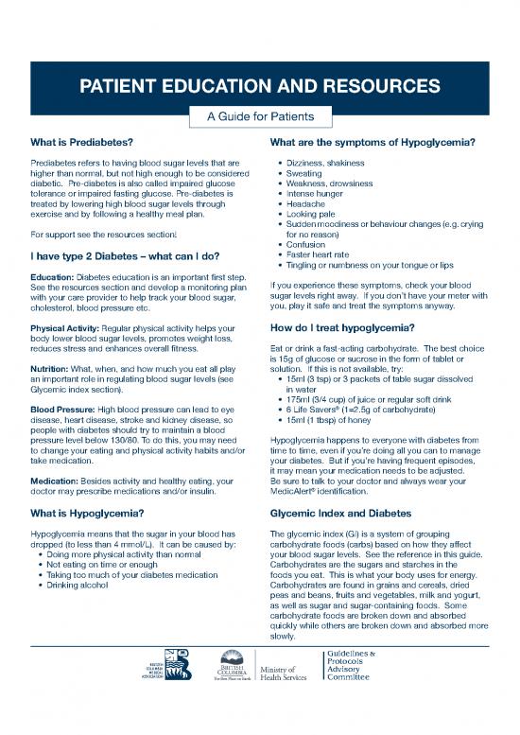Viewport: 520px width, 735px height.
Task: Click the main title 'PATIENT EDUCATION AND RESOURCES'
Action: pos(259,87)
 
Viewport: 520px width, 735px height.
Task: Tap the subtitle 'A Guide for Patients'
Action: pos(259,117)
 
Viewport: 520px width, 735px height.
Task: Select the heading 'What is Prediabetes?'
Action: pos(80,143)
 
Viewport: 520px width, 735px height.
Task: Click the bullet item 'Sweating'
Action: pos(303,175)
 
